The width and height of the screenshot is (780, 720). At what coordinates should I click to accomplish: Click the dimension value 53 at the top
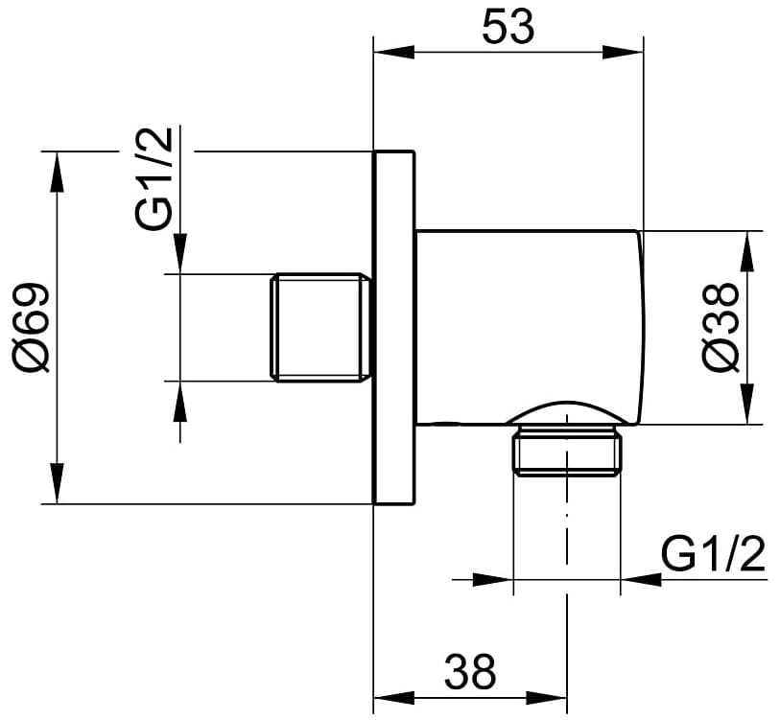[x=508, y=28]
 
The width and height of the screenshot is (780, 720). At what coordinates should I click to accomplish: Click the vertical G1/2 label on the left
[x=154, y=179]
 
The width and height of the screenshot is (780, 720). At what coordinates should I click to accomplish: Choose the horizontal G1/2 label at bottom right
[x=714, y=554]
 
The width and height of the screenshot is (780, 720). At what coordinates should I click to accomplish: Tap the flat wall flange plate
[x=393, y=327]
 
